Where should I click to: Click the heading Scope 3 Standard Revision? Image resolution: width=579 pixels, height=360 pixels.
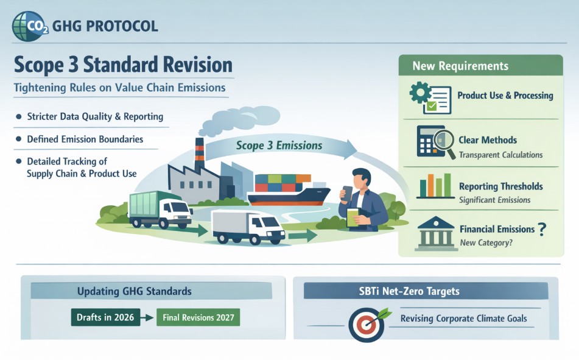coord(124,65)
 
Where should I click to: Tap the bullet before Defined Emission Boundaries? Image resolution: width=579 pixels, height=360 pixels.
coord(18,139)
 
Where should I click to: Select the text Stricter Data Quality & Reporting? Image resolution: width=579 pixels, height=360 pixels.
coord(95,117)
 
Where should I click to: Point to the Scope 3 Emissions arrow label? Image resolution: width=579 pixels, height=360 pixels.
coord(279,145)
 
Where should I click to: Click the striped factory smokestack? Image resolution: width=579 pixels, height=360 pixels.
coord(200,154)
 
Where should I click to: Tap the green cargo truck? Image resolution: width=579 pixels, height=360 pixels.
coord(160,210)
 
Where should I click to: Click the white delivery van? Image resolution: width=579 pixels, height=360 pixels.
coord(248,227)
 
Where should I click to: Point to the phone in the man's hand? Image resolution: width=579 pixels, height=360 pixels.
coord(347,193)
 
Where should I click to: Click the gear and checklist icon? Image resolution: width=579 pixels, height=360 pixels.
coord(430,97)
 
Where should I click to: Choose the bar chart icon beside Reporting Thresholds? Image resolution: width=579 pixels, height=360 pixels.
coord(436,186)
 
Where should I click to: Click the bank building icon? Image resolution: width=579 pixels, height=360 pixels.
coord(436,233)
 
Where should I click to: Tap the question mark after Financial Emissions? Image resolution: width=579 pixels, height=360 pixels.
coord(542,229)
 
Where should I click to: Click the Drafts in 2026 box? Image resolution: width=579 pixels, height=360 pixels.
coord(105,317)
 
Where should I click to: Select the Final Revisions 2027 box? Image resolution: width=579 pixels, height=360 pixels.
coord(198,317)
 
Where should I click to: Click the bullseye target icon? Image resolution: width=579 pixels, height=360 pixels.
coord(367,325)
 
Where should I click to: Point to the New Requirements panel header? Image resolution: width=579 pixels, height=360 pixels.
coord(481,65)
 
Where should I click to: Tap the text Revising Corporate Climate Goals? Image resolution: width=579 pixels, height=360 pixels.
coord(464,318)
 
